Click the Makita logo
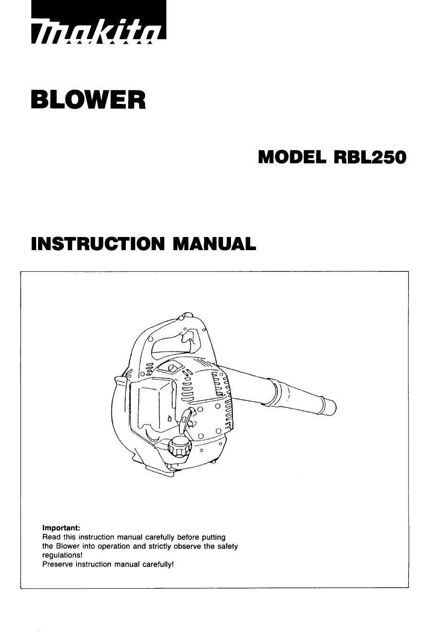(99, 22)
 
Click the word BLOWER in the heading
(88, 100)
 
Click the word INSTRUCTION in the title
(98, 244)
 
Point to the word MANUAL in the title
(214, 244)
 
